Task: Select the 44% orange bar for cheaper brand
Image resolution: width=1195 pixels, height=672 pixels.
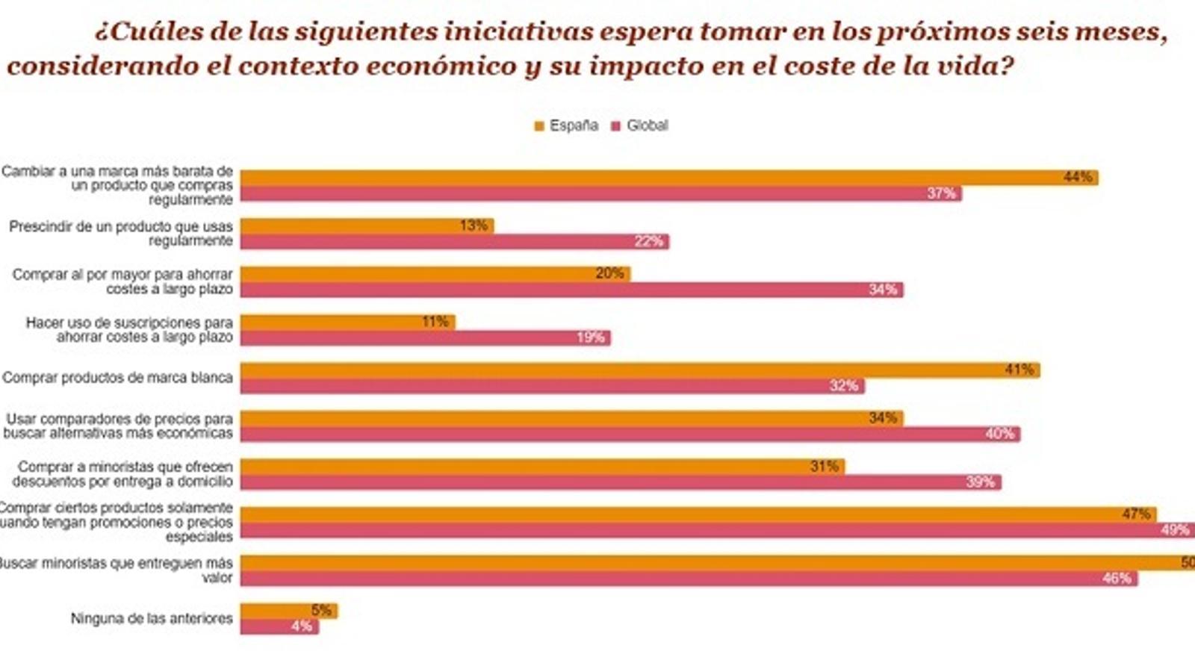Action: tap(668, 177)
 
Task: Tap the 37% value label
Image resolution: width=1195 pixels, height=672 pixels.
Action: tap(941, 193)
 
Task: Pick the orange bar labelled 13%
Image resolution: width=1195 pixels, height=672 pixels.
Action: tap(366, 225)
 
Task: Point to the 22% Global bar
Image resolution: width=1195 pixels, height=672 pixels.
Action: tap(454, 241)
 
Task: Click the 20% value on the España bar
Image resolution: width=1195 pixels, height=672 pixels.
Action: tap(609, 273)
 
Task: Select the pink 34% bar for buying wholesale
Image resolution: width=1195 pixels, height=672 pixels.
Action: tap(571, 289)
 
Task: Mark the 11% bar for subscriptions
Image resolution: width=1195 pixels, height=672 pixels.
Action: tap(347, 322)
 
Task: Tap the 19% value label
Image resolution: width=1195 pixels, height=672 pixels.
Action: tap(590, 337)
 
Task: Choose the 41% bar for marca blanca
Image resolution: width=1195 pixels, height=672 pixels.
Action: tap(639, 370)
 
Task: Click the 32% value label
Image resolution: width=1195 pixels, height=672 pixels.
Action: tap(844, 386)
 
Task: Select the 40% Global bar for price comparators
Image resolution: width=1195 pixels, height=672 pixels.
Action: tap(630, 434)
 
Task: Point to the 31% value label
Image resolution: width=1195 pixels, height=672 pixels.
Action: tap(825, 466)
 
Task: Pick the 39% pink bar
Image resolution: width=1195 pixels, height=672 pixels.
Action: tap(620, 482)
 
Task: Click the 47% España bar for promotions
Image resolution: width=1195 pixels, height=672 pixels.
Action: tap(698, 514)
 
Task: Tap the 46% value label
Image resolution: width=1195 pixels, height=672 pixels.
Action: tap(1117, 578)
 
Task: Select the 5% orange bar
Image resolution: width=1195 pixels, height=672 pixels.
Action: tap(288, 610)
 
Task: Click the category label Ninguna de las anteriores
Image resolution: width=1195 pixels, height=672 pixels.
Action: tap(152, 618)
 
